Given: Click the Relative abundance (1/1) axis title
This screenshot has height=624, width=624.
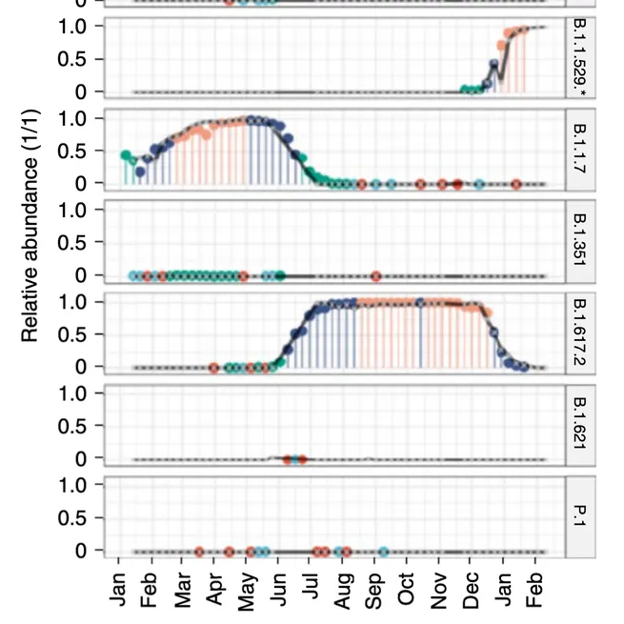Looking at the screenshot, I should (x=30, y=250).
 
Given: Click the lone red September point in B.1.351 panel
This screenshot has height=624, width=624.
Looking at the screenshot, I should (x=375, y=276).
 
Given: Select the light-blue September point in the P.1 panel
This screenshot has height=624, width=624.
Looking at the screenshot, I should (x=383, y=552).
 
